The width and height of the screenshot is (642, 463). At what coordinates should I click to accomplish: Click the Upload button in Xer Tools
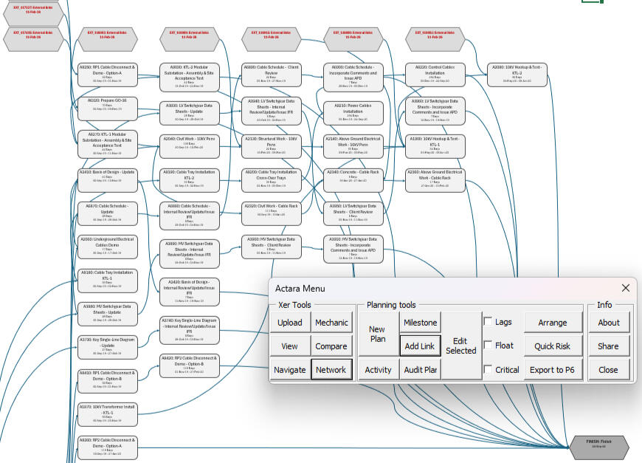(x=289, y=323)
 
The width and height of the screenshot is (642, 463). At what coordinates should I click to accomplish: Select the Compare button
(x=331, y=346)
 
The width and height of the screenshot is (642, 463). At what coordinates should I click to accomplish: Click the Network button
(x=331, y=370)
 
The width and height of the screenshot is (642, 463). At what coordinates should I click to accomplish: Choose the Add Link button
(x=420, y=346)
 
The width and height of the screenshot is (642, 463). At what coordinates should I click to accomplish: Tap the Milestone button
(x=420, y=323)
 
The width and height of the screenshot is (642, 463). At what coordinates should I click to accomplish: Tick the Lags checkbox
(x=488, y=322)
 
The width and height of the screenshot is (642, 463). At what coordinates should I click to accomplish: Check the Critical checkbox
(x=488, y=369)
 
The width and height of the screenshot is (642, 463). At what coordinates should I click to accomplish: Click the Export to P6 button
(x=553, y=370)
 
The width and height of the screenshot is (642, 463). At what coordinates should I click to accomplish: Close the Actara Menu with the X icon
(x=626, y=288)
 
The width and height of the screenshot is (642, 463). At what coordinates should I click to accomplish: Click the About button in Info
(x=608, y=323)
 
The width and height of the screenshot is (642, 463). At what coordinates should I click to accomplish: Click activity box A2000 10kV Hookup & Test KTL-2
(x=517, y=73)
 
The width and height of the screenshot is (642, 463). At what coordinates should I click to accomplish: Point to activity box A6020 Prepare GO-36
(x=107, y=106)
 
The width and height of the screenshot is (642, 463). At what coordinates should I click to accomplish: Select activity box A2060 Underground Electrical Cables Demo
(x=107, y=245)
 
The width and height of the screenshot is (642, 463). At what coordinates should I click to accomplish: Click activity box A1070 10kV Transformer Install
(x=107, y=413)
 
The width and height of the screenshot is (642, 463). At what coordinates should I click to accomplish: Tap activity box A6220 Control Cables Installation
(x=435, y=73)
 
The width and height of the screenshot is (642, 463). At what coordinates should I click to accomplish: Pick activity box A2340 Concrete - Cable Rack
(x=353, y=177)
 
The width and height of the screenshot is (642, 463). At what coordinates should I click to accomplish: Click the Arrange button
(x=553, y=323)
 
